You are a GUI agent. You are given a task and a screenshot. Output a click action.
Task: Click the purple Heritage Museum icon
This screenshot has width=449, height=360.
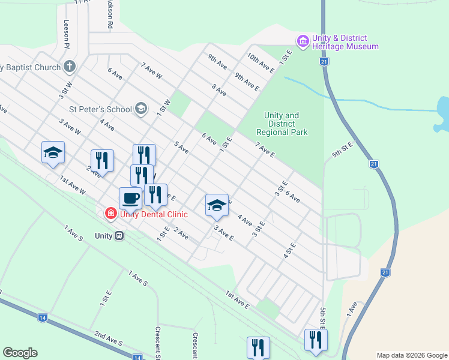(x=303, y=40)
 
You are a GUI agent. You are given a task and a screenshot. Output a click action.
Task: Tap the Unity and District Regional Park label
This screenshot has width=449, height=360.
(x=282, y=124)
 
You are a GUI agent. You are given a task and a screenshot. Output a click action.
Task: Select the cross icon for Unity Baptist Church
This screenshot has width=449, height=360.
(x=70, y=67)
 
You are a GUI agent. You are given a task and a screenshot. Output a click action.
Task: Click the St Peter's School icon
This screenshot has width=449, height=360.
(x=140, y=109)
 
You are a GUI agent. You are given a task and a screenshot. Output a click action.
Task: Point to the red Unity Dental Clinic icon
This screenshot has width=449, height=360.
(x=110, y=214)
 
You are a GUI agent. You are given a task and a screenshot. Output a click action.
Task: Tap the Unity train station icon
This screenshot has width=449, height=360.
(x=119, y=236)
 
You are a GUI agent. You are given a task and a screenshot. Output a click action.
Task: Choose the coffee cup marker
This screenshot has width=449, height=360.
(x=130, y=197)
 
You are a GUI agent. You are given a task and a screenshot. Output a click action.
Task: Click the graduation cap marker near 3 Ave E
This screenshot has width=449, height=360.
(x=217, y=205)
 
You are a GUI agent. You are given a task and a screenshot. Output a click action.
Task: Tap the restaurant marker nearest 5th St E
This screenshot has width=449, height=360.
(x=315, y=339)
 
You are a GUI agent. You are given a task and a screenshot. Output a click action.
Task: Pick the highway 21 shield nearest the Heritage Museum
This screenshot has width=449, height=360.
(x=324, y=62)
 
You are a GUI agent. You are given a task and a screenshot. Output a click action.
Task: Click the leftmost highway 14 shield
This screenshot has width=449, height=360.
(x=43, y=318)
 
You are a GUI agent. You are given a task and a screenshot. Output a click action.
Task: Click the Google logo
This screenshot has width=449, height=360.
(x=20, y=353)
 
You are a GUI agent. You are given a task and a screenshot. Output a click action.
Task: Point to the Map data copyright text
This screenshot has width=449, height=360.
(x=412, y=355)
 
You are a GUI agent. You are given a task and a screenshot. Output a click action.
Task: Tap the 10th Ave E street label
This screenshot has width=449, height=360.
(x=261, y=62)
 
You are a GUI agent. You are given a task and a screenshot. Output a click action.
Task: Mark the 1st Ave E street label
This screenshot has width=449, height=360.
(x=237, y=299)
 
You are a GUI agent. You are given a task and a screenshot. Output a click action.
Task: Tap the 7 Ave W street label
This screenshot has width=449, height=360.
(x=151, y=71)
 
